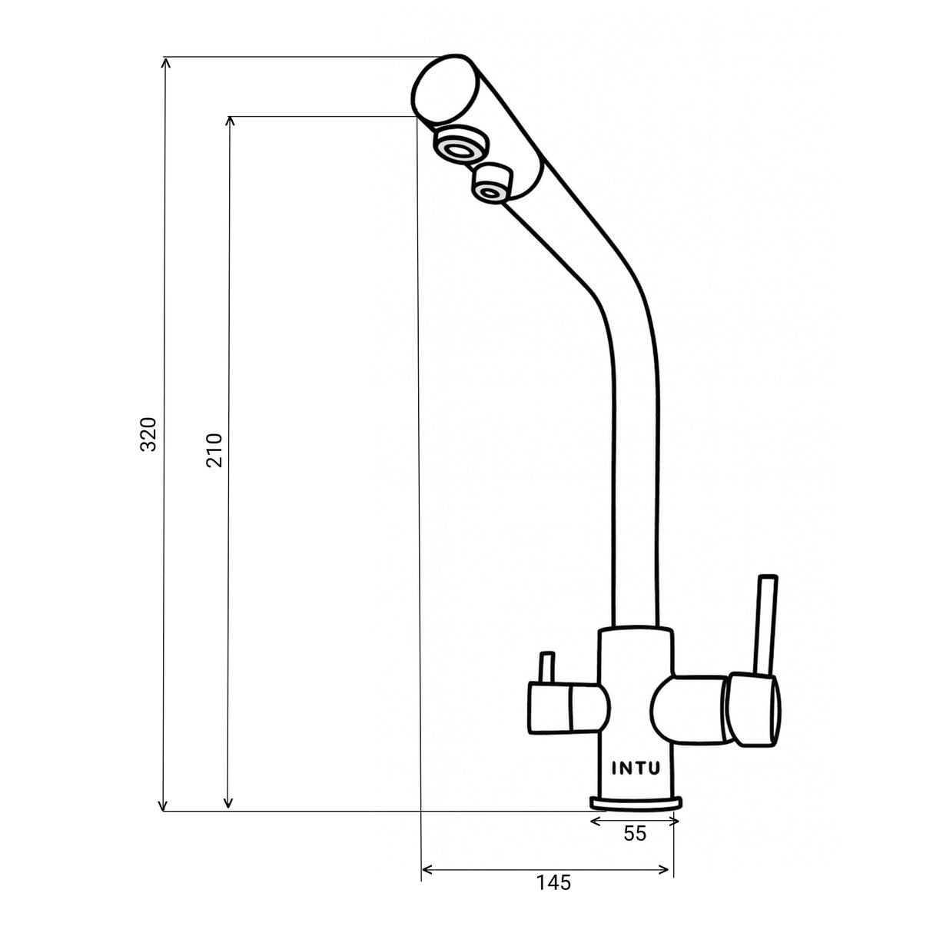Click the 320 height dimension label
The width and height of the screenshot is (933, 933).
[x=148, y=434]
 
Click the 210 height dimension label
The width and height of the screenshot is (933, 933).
[x=214, y=450]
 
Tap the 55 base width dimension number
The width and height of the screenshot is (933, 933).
[x=635, y=834]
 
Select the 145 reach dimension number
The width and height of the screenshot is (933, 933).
[x=553, y=883]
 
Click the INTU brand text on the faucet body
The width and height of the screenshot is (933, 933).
[x=635, y=768]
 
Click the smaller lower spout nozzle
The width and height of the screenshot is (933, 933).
[x=492, y=184]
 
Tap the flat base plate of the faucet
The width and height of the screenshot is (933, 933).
[x=636, y=803]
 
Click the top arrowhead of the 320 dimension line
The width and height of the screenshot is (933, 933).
[x=164, y=61]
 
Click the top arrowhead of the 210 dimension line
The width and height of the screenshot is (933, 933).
[x=228, y=121]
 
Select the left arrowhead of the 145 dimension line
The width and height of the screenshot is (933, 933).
[x=427, y=870]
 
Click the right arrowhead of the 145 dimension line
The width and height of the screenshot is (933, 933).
[x=667, y=870]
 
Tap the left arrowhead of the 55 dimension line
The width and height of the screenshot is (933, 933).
[x=594, y=822]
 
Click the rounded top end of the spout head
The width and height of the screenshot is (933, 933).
[x=441, y=88]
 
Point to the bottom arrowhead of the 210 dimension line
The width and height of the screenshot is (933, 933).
[x=227, y=805]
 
